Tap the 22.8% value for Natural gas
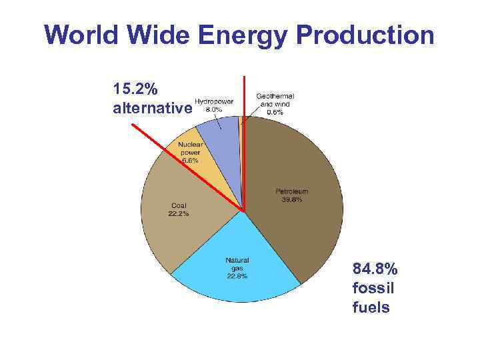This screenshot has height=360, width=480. pos(237,276)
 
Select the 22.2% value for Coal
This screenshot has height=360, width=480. pos(178,214)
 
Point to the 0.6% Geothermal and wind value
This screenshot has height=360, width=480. pos(275,112)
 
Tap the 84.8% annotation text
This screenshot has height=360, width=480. pos(375,270)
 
